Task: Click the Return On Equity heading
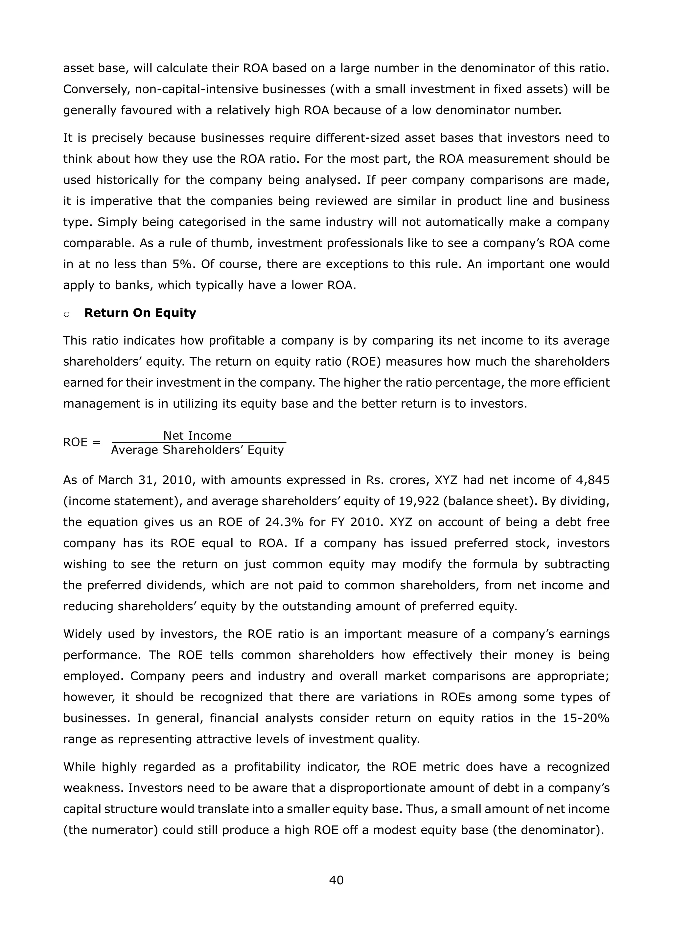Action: point(140,313)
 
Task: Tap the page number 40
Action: point(336,880)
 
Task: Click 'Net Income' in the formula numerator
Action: point(197,436)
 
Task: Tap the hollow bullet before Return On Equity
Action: point(67,314)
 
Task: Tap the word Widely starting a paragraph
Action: point(82,634)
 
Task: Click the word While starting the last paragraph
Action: point(78,767)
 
